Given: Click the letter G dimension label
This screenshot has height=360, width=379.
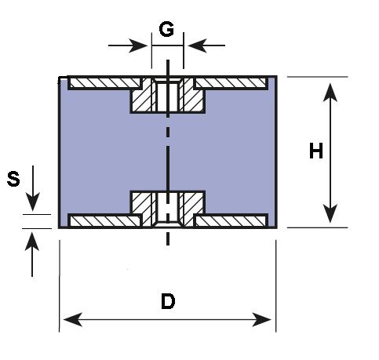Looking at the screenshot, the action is (x=166, y=30).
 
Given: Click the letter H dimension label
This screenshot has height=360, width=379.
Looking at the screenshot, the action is (x=316, y=151).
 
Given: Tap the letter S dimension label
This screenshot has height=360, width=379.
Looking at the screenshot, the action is (x=13, y=179).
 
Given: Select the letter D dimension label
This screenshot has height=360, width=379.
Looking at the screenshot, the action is (x=168, y=301).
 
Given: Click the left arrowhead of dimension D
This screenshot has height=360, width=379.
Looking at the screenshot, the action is (x=73, y=319).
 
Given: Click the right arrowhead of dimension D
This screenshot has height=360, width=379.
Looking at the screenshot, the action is (x=261, y=319).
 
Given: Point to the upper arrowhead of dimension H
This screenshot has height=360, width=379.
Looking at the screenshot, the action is (x=330, y=93).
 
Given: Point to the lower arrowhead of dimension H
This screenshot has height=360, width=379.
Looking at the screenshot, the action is (x=330, y=213).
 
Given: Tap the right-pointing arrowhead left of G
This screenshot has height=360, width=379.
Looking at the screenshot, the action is (x=138, y=45).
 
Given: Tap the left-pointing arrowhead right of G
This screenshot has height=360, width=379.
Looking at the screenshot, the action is (x=198, y=45).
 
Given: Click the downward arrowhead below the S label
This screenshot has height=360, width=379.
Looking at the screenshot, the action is (x=32, y=202).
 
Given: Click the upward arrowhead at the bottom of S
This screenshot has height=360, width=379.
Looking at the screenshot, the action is (x=32, y=242).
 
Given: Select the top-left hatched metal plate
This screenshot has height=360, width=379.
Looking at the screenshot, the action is (x=104, y=83).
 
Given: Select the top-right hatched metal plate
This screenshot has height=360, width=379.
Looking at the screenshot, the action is (x=231, y=83).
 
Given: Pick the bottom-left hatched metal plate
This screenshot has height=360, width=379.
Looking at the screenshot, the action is (x=104, y=221).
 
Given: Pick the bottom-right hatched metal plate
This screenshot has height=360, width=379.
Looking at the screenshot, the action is (x=231, y=221).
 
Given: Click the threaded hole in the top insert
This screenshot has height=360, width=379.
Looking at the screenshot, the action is (x=168, y=96).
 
